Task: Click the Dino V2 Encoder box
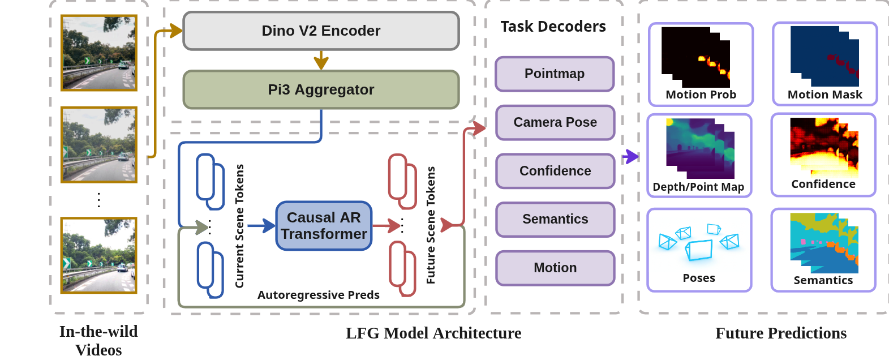321,31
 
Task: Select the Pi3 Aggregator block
321,89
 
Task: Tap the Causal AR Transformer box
324,226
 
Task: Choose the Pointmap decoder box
555,74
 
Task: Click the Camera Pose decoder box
555,123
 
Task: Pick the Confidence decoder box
555,171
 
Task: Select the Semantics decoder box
555,220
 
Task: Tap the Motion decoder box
555,268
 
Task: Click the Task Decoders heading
553,27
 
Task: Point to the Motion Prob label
701,95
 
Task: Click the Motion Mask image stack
824,57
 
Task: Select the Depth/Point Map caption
698,187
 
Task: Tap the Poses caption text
699,278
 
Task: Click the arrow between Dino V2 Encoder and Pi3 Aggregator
321,61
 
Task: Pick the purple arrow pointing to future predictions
630,156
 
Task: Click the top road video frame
99,53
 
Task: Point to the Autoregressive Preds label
318,295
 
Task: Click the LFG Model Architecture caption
433,333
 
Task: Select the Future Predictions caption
781,333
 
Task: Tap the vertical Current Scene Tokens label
239,226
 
